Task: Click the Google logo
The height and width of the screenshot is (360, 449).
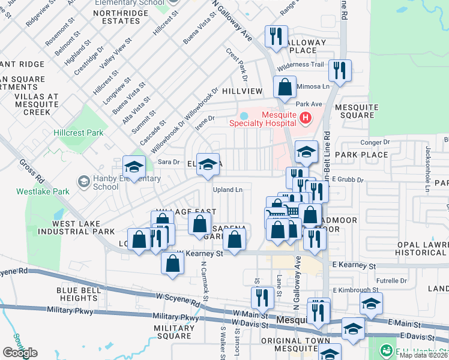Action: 20,353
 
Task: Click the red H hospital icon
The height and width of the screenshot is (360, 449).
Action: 306,118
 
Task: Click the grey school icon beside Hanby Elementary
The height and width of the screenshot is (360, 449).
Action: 83,182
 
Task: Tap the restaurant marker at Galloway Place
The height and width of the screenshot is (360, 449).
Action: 276,37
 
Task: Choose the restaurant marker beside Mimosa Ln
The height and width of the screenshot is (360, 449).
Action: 340,71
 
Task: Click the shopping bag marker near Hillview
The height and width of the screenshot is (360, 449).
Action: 285,87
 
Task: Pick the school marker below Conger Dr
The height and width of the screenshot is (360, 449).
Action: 306,152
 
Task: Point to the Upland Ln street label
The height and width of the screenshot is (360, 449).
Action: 228,190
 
